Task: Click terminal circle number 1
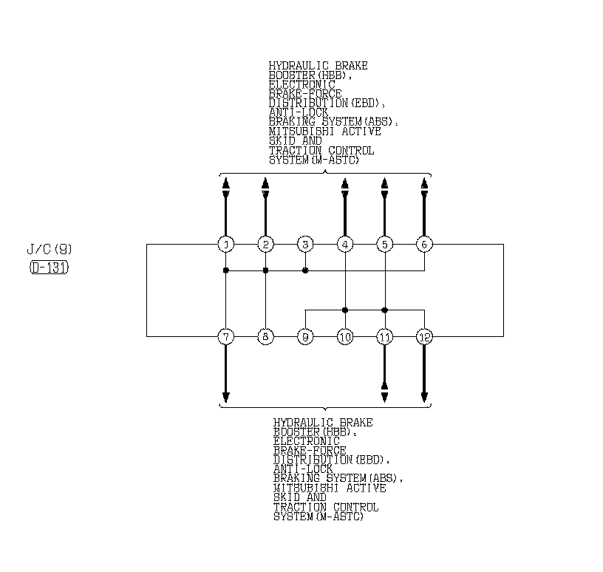coord(226,244)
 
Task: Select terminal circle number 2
coord(265,244)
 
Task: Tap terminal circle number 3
coord(305,244)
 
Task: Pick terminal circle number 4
coord(345,244)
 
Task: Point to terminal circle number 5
coord(384,244)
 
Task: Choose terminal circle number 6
coord(424,244)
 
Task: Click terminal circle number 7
coord(226,337)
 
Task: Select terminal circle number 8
coord(265,337)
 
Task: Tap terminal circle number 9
coord(305,337)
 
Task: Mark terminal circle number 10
coord(345,337)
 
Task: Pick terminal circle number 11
coord(384,337)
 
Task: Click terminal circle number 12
coord(424,337)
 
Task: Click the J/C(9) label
coord(50,250)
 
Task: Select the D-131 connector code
coord(50,268)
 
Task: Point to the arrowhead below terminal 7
coord(226,396)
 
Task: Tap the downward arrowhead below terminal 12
coord(424,396)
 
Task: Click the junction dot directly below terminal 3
coord(305,270)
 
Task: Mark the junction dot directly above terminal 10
coord(345,310)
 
